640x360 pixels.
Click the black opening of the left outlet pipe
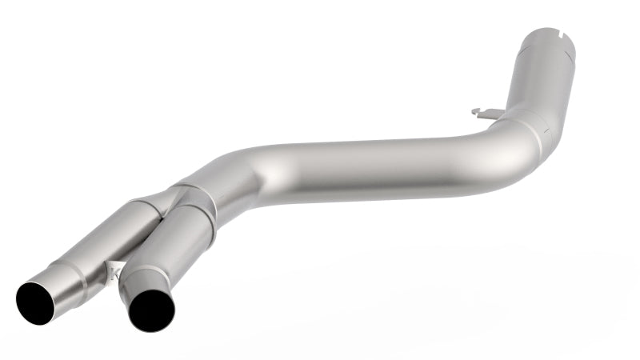point(36,302)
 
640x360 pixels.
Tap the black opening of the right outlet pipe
point(151,310)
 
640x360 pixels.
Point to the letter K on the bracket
point(114,274)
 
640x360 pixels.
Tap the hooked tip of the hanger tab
point(474,110)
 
